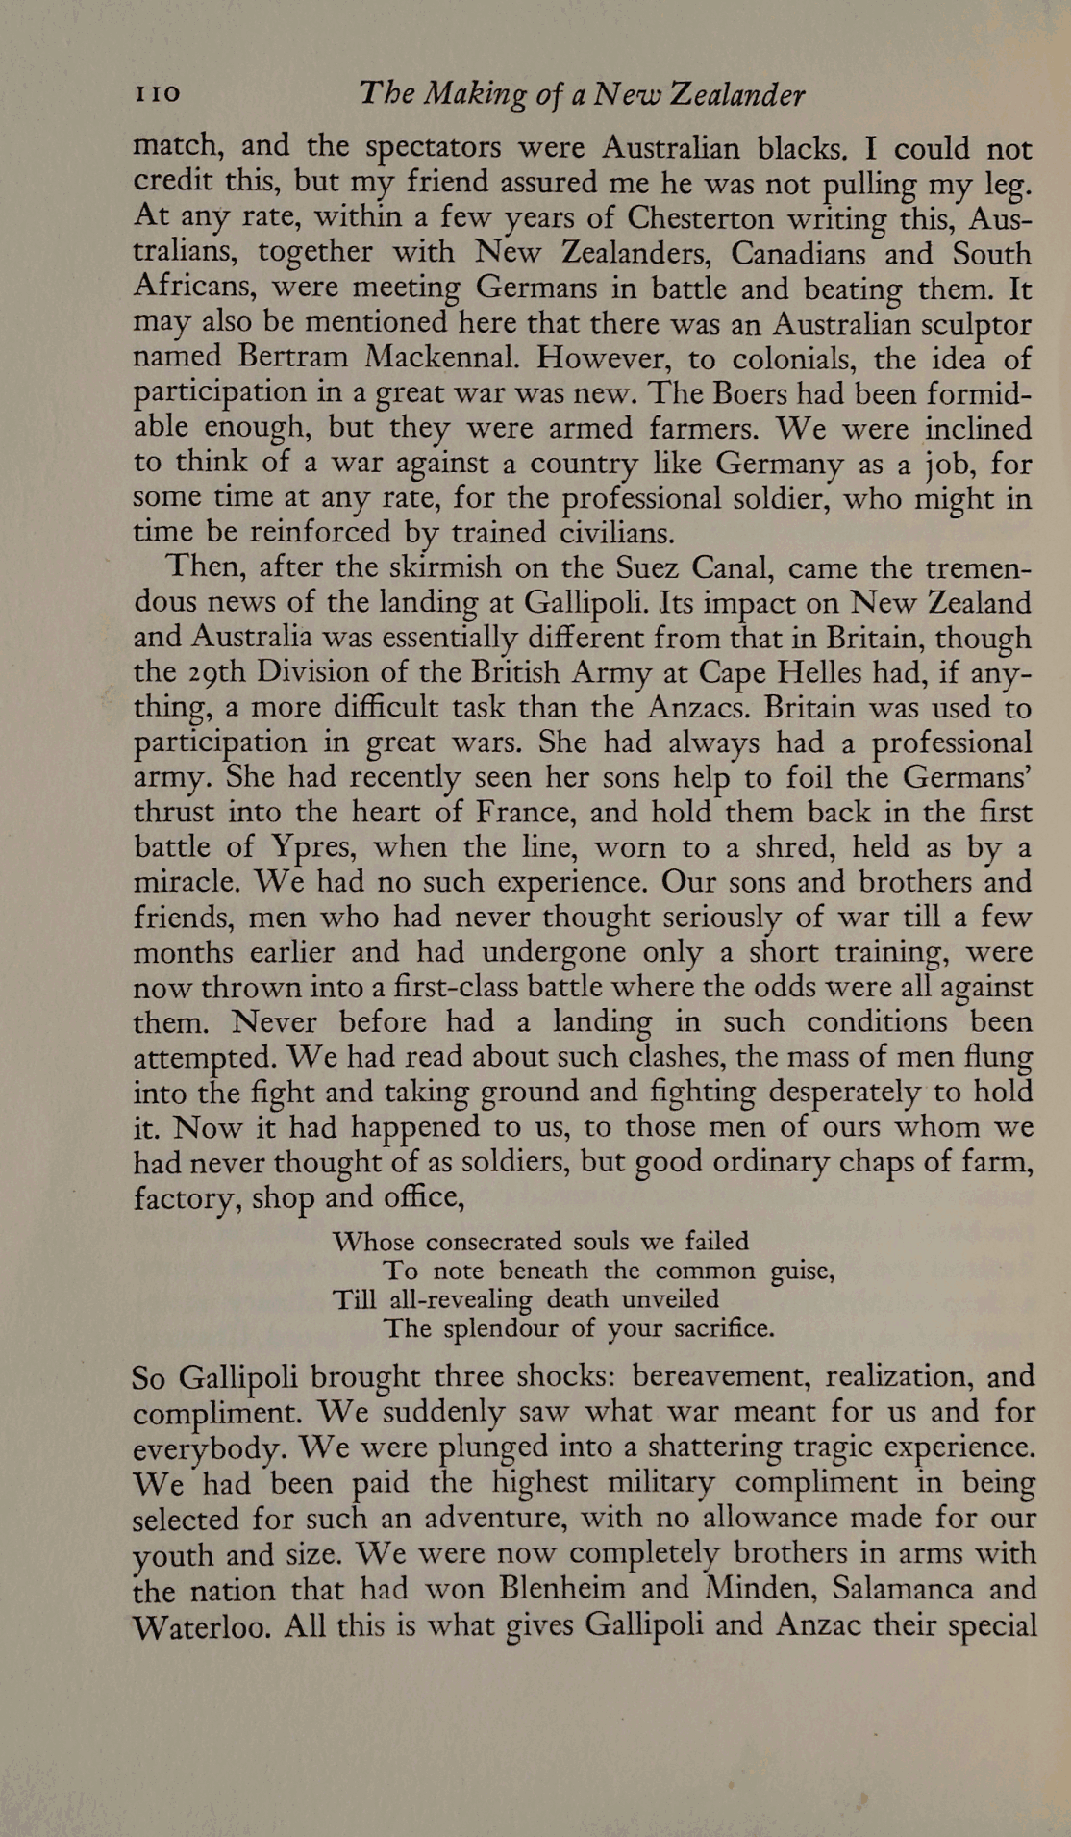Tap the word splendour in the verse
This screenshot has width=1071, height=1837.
click(x=502, y=1329)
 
